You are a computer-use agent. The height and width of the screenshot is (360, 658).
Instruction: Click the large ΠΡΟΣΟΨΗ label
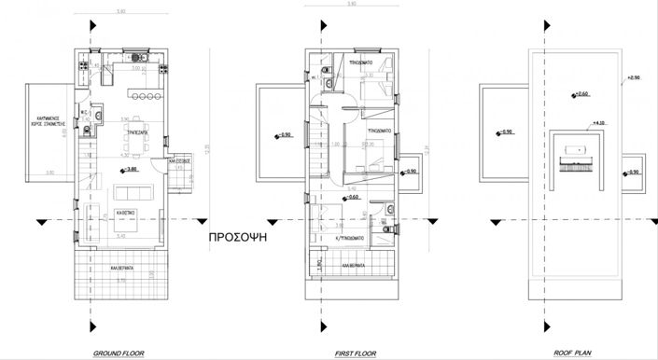pyautogui.click(x=239, y=237)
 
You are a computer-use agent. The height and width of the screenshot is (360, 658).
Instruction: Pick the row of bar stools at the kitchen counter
pyautogui.click(x=146, y=96)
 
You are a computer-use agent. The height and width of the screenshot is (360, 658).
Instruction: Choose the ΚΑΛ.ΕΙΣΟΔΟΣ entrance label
pyautogui.click(x=179, y=161)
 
